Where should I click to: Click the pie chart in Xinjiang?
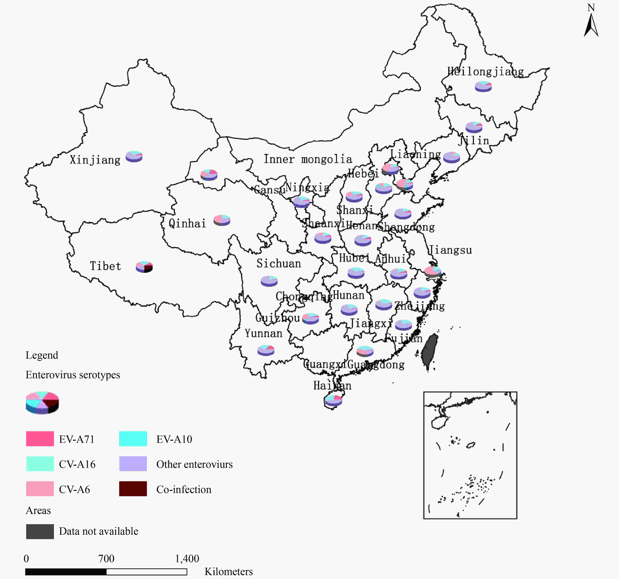coord(134,156)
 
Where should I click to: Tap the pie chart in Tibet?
coord(144,267)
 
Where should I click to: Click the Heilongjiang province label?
coord(485,72)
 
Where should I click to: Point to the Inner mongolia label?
coord(308,159)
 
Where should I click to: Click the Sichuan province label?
coord(279,264)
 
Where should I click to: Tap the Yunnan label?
coord(263,333)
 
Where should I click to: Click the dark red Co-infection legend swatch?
coord(133,489)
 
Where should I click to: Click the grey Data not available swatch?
coord(40,531)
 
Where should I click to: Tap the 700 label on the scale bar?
coord(106,558)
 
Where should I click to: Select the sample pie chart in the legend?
coord(42,402)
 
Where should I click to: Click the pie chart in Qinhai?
coord(222,220)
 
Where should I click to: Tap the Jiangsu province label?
coord(450,250)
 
